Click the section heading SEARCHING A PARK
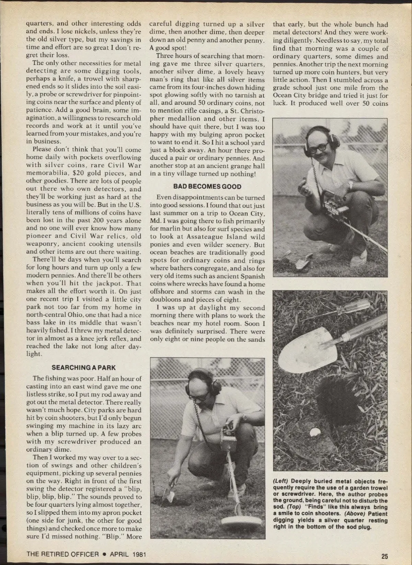click(84, 367)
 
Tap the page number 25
click(384, 556)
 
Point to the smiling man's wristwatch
click(350, 185)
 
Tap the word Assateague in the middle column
click(205, 237)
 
